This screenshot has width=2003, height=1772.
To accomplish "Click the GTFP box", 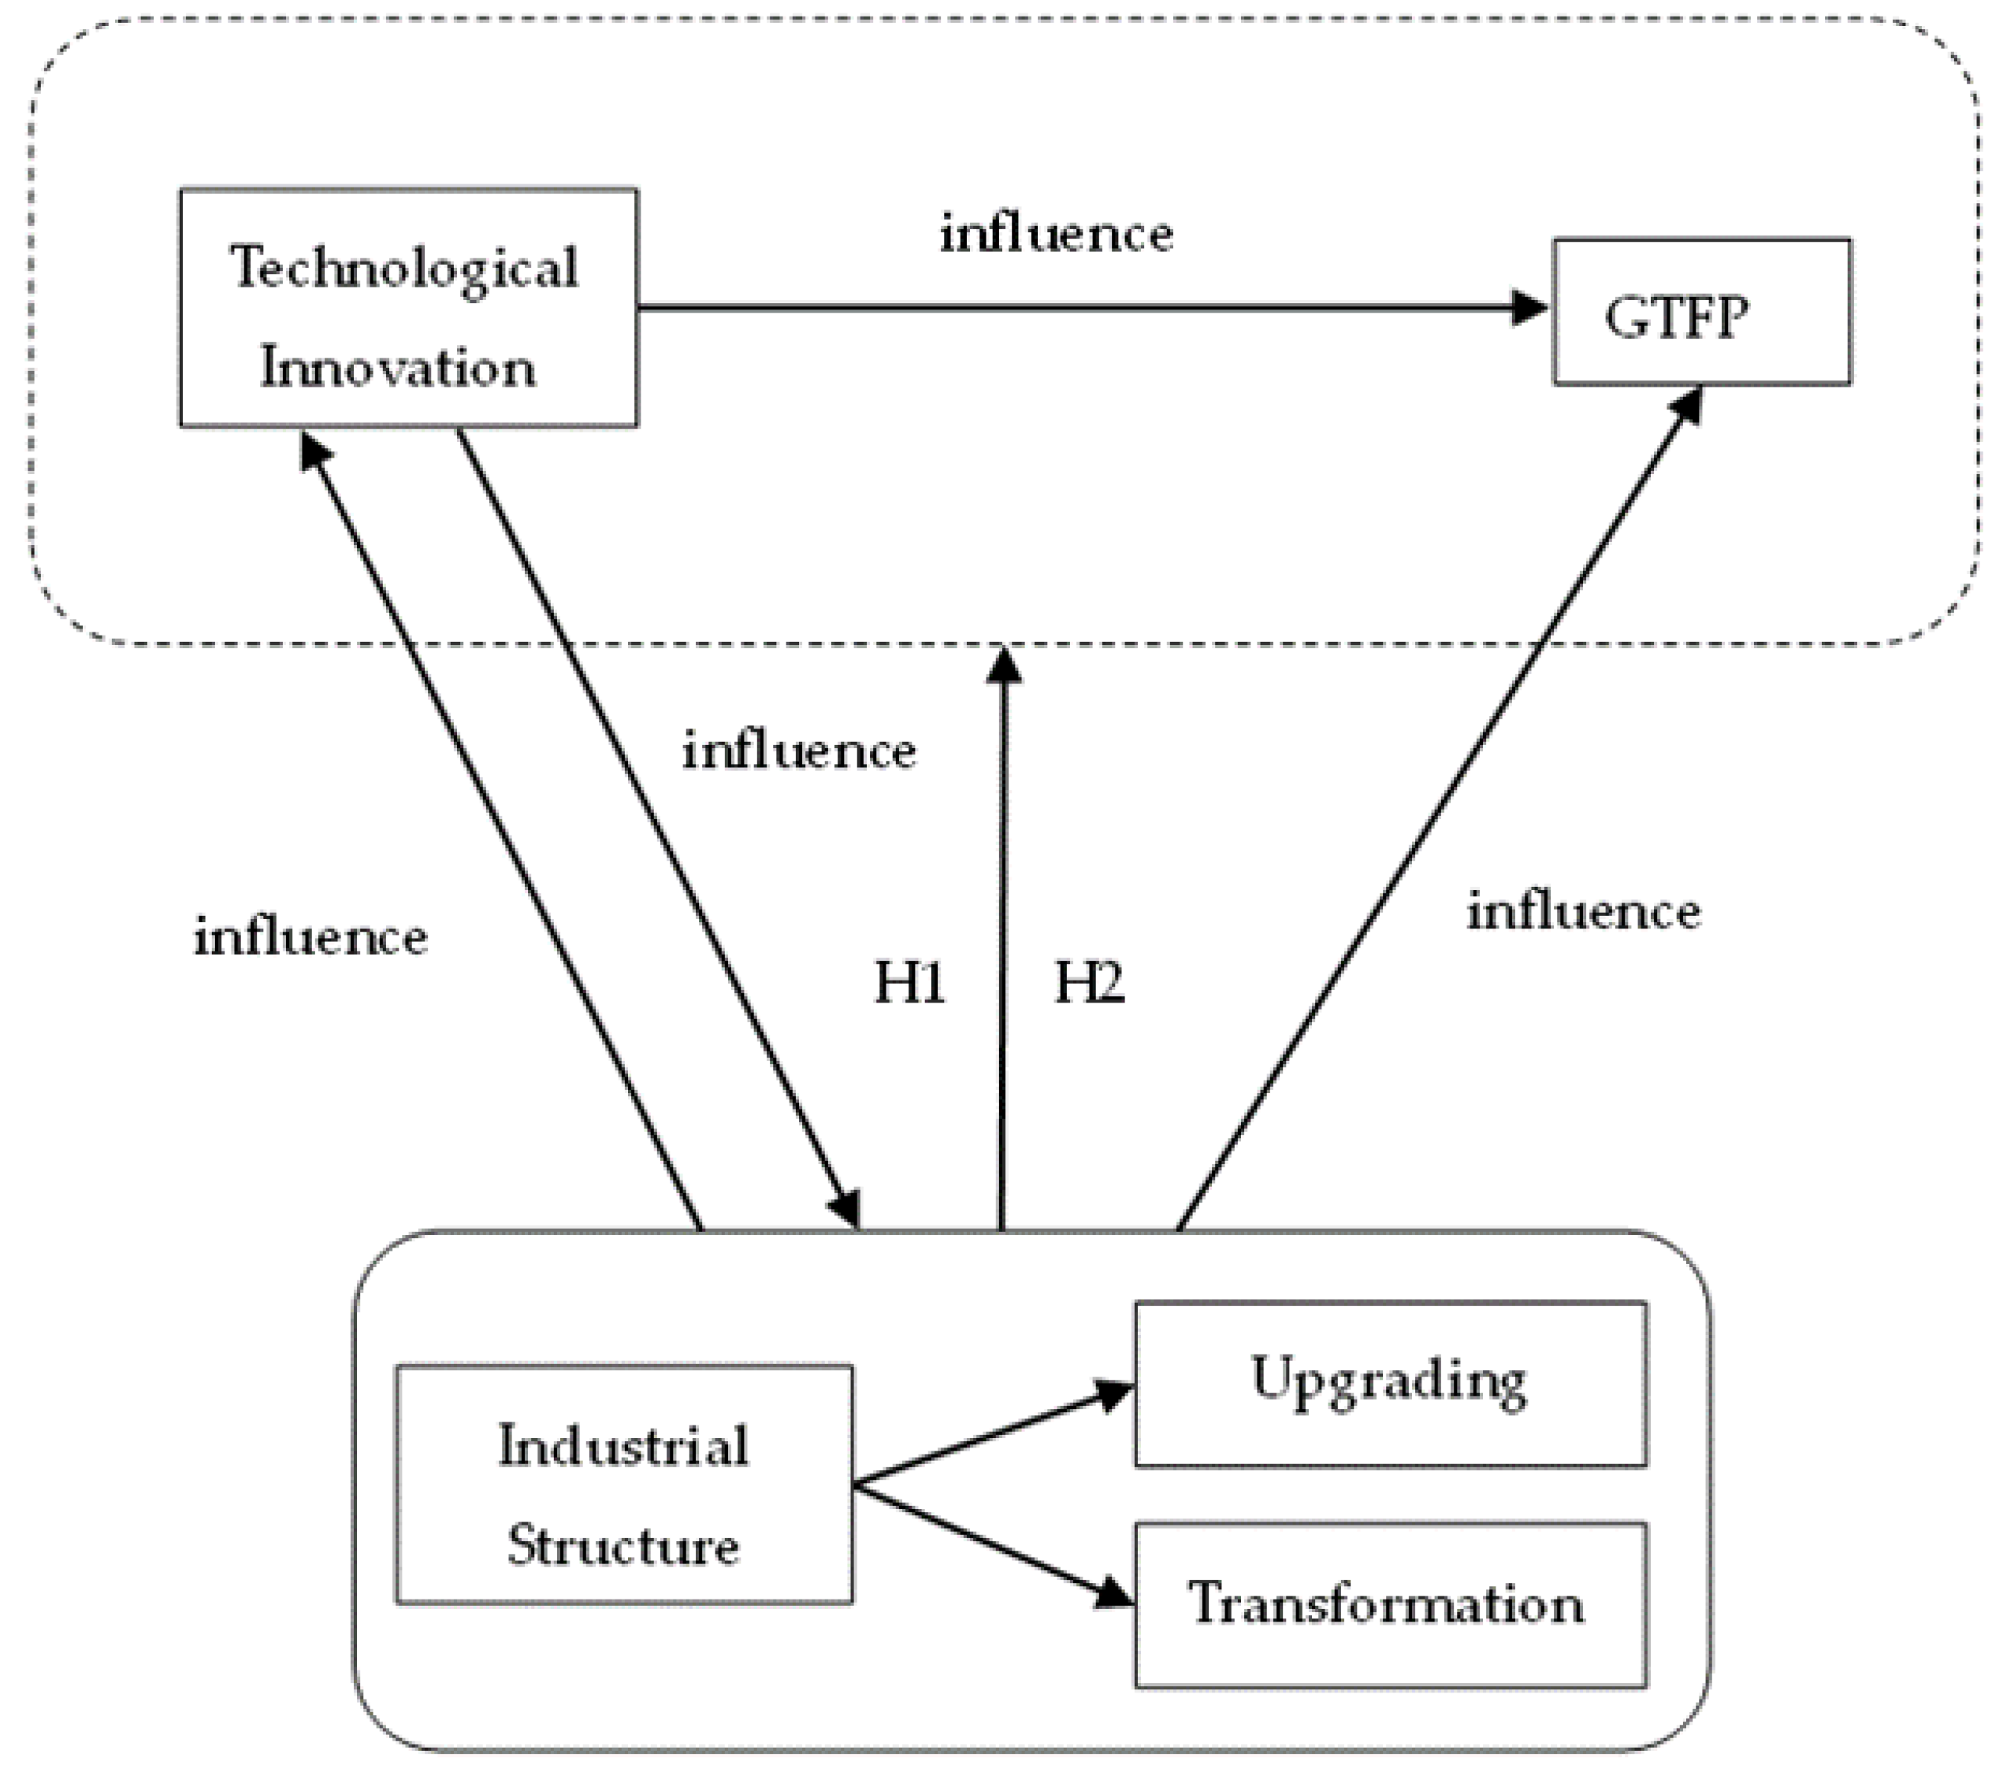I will (x=1701, y=312).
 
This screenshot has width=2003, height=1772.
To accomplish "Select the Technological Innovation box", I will (x=407, y=308).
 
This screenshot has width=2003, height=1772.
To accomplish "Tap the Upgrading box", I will (x=1389, y=1383).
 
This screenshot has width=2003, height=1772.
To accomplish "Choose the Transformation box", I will (x=1389, y=1604).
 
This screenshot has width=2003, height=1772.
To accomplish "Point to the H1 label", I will (x=909, y=983).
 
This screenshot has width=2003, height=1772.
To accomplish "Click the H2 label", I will (x=1089, y=983).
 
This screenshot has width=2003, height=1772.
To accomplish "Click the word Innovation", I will (x=398, y=369).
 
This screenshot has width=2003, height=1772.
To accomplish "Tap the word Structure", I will (x=623, y=1546).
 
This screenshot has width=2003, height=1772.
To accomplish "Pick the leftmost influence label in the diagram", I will (x=310, y=936).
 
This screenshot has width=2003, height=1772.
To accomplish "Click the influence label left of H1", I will (x=799, y=751).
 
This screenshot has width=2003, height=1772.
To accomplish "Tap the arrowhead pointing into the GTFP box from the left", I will (x=1529, y=309).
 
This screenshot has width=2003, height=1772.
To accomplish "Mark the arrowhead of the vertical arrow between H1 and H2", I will (x=1002, y=666).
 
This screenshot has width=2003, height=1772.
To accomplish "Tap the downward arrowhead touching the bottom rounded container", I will (x=845, y=1206).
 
